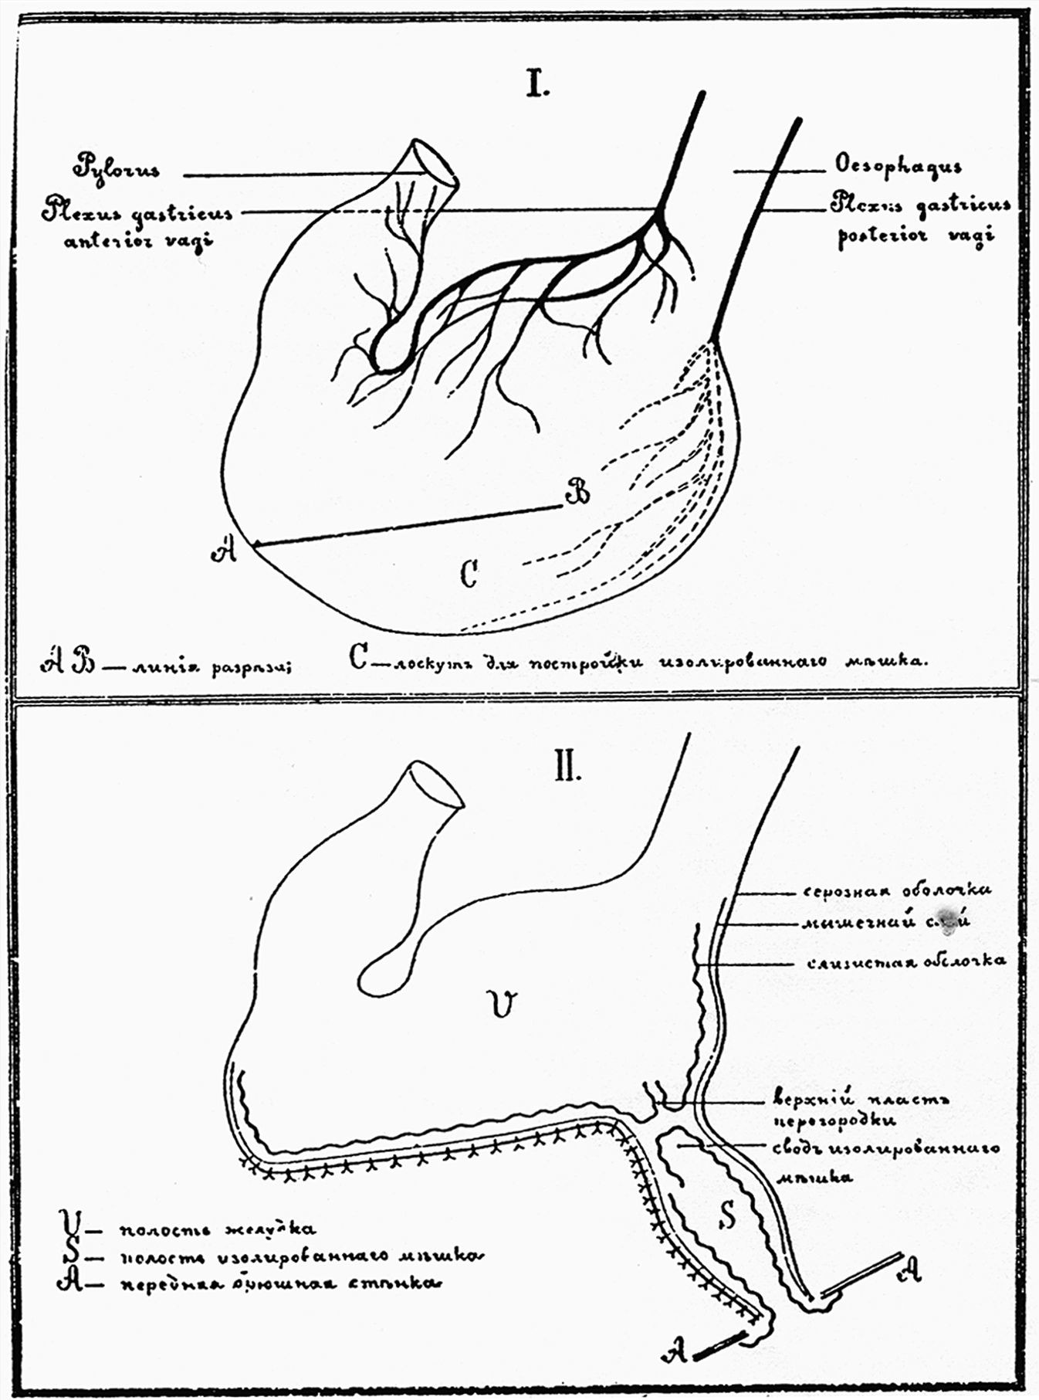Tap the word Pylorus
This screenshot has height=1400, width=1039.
tap(117, 168)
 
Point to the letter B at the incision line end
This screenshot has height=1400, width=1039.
tap(577, 491)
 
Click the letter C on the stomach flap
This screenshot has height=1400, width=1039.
tap(469, 573)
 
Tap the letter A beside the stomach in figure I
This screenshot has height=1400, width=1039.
tap(225, 551)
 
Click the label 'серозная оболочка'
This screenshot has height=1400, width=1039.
tap(897, 890)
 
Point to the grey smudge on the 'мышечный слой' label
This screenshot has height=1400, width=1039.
tap(948, 920)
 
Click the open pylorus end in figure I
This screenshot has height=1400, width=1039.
tap(435, 162)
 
